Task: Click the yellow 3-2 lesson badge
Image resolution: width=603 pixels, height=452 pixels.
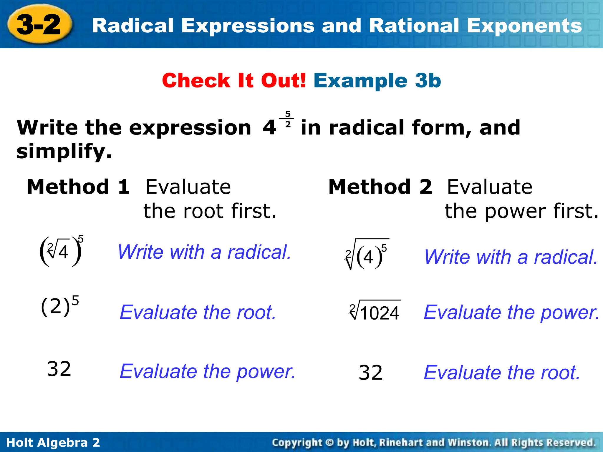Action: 39,25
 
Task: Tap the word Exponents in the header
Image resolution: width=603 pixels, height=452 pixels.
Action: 524,26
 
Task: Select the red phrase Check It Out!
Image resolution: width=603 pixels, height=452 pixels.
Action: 234,81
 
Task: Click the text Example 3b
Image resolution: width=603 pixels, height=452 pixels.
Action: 377,81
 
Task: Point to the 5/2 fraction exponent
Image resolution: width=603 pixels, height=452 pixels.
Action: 288,119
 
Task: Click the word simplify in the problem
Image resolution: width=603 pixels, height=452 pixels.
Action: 64,151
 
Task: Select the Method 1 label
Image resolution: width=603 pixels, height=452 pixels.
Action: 78,187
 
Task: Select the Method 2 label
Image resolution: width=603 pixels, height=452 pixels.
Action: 380,187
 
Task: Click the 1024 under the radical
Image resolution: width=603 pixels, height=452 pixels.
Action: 380,313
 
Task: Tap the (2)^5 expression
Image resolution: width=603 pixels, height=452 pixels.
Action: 60,307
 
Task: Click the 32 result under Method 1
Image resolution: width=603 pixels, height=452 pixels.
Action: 59,369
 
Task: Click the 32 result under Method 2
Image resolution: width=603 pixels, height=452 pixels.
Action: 370,373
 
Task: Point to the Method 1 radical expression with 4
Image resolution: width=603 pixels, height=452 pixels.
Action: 61,252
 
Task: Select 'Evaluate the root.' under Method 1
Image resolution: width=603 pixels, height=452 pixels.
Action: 198,312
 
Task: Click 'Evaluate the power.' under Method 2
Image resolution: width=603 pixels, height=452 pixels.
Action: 511,312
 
